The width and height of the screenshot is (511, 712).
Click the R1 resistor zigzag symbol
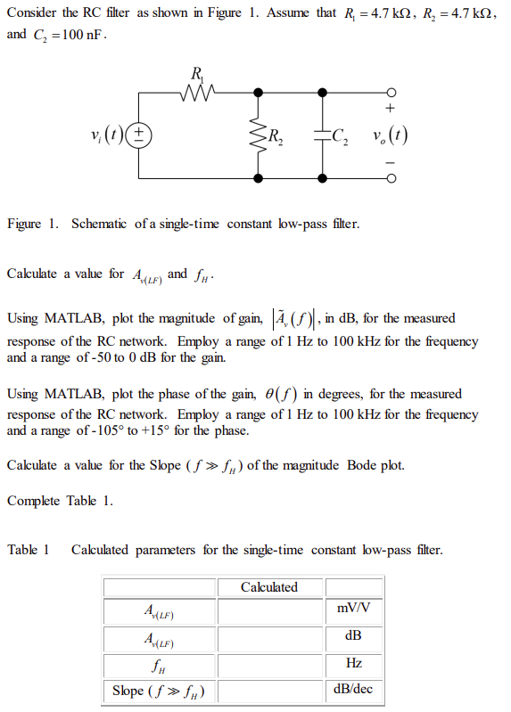196,91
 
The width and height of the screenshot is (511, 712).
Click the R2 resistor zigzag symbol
259,135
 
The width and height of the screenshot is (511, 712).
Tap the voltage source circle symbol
139,135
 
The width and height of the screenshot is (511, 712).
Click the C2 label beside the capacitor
340,136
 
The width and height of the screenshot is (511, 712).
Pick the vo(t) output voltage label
390,135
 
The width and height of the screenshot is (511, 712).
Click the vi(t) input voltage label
106,135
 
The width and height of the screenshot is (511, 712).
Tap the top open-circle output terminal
390,91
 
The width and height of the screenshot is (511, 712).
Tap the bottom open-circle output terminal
390,179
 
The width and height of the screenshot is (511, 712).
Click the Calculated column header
268,587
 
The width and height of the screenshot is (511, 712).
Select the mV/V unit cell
354,610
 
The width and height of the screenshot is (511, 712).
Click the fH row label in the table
160,664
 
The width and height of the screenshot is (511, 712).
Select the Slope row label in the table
160,690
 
